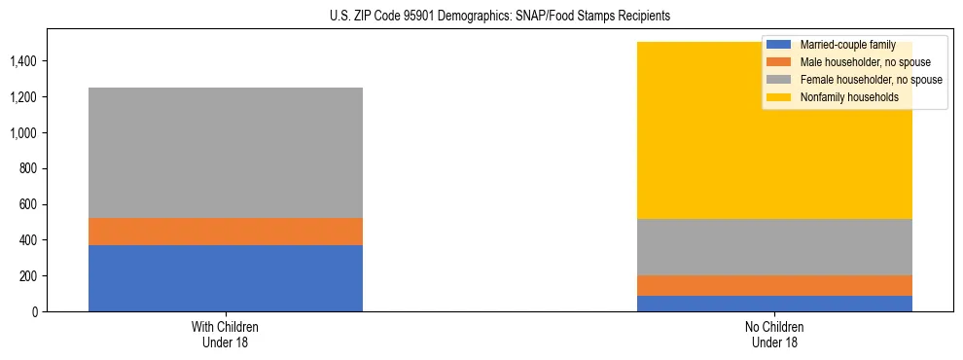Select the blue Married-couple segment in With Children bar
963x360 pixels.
coord(226,278)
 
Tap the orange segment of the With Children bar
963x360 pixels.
coord(226,232)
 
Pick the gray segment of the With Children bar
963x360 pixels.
coord(226,153)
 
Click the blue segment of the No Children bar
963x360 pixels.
coord(774,304)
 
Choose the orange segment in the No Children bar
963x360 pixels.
coord(774,285)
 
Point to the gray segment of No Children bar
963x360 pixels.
coord(774,247)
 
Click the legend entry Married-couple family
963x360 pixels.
coord(846,45)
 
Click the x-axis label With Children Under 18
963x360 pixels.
coord(226,334)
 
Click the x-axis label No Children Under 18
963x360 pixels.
coord(774,334)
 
